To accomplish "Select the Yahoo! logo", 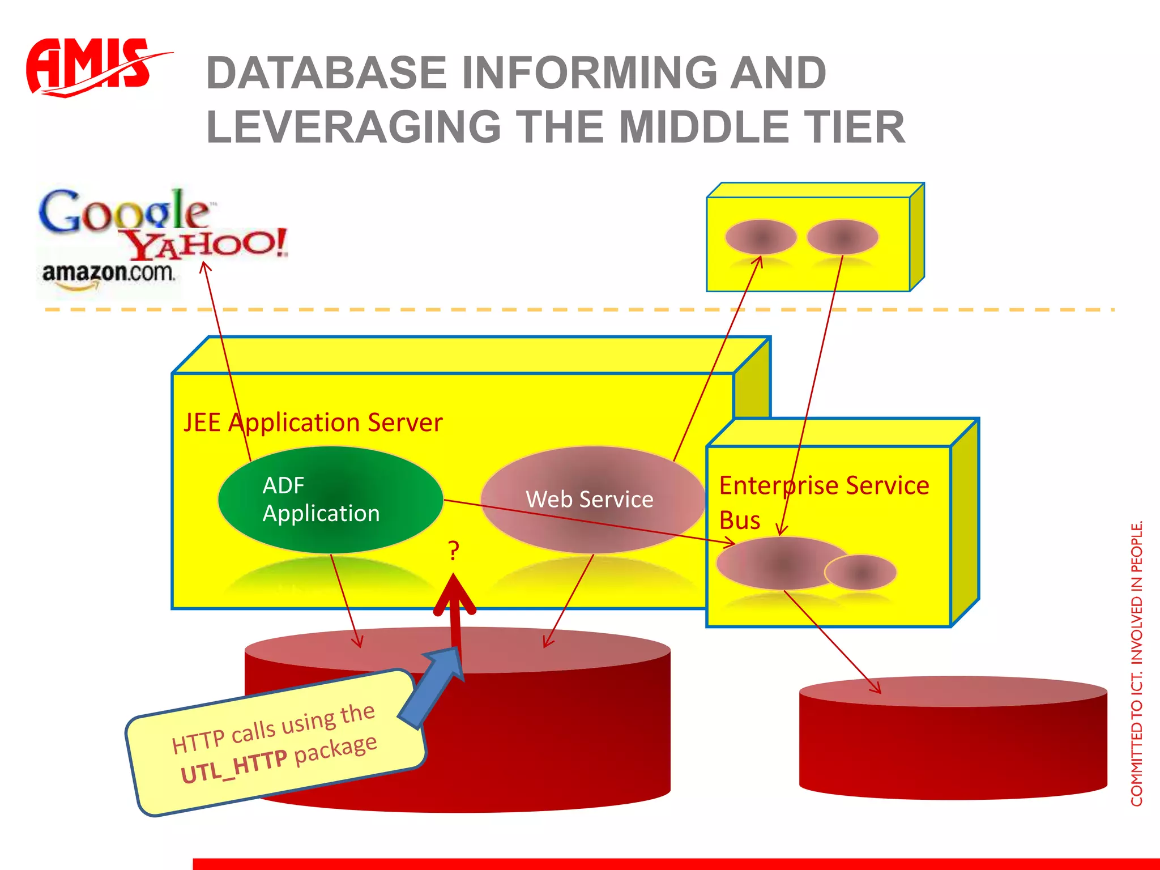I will point(207,244).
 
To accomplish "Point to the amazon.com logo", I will point(108,274).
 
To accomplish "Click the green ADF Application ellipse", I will point(330,500).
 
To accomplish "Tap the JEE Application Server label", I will point(313,423).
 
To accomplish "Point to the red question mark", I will point(453,551).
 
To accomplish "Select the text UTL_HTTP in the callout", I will point(233,766).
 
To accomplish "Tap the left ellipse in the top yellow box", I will point(761,237).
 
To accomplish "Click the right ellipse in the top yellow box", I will point(842,237).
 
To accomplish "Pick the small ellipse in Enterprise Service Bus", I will point(860,573).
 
